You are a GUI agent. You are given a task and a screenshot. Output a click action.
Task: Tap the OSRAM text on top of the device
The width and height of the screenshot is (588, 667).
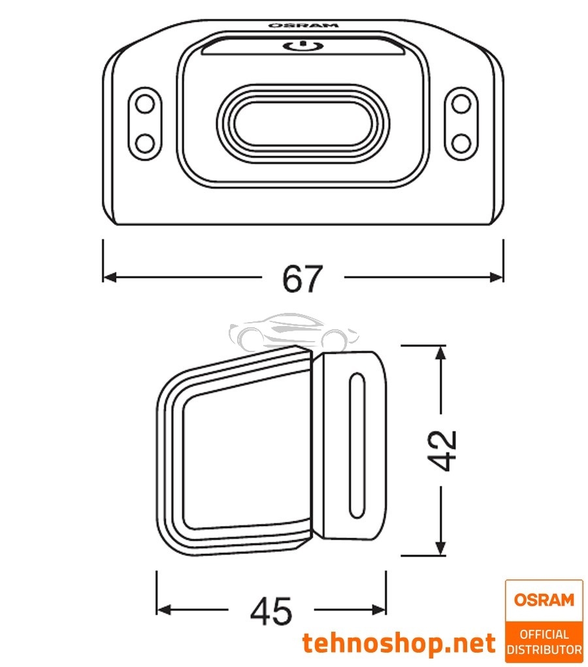coord(303,25)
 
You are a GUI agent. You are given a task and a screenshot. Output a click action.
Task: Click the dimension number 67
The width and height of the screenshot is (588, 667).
coord(302,279)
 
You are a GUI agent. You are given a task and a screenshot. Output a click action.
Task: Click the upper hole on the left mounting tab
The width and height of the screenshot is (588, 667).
coord(144,103)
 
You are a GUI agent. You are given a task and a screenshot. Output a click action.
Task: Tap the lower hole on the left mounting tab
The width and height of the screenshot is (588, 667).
coord(144,140)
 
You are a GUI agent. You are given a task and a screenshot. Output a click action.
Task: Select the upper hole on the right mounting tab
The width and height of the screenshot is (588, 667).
coord(461,103)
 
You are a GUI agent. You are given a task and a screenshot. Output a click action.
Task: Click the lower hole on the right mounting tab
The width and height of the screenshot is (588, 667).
coord(461,140)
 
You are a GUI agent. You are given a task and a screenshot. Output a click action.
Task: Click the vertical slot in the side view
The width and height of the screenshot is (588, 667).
coord(357,446)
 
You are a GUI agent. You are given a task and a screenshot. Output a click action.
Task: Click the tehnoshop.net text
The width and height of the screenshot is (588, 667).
coord(399,643)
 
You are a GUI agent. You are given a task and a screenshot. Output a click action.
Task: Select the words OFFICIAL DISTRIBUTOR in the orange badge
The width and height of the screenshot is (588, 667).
coord(544,642)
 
